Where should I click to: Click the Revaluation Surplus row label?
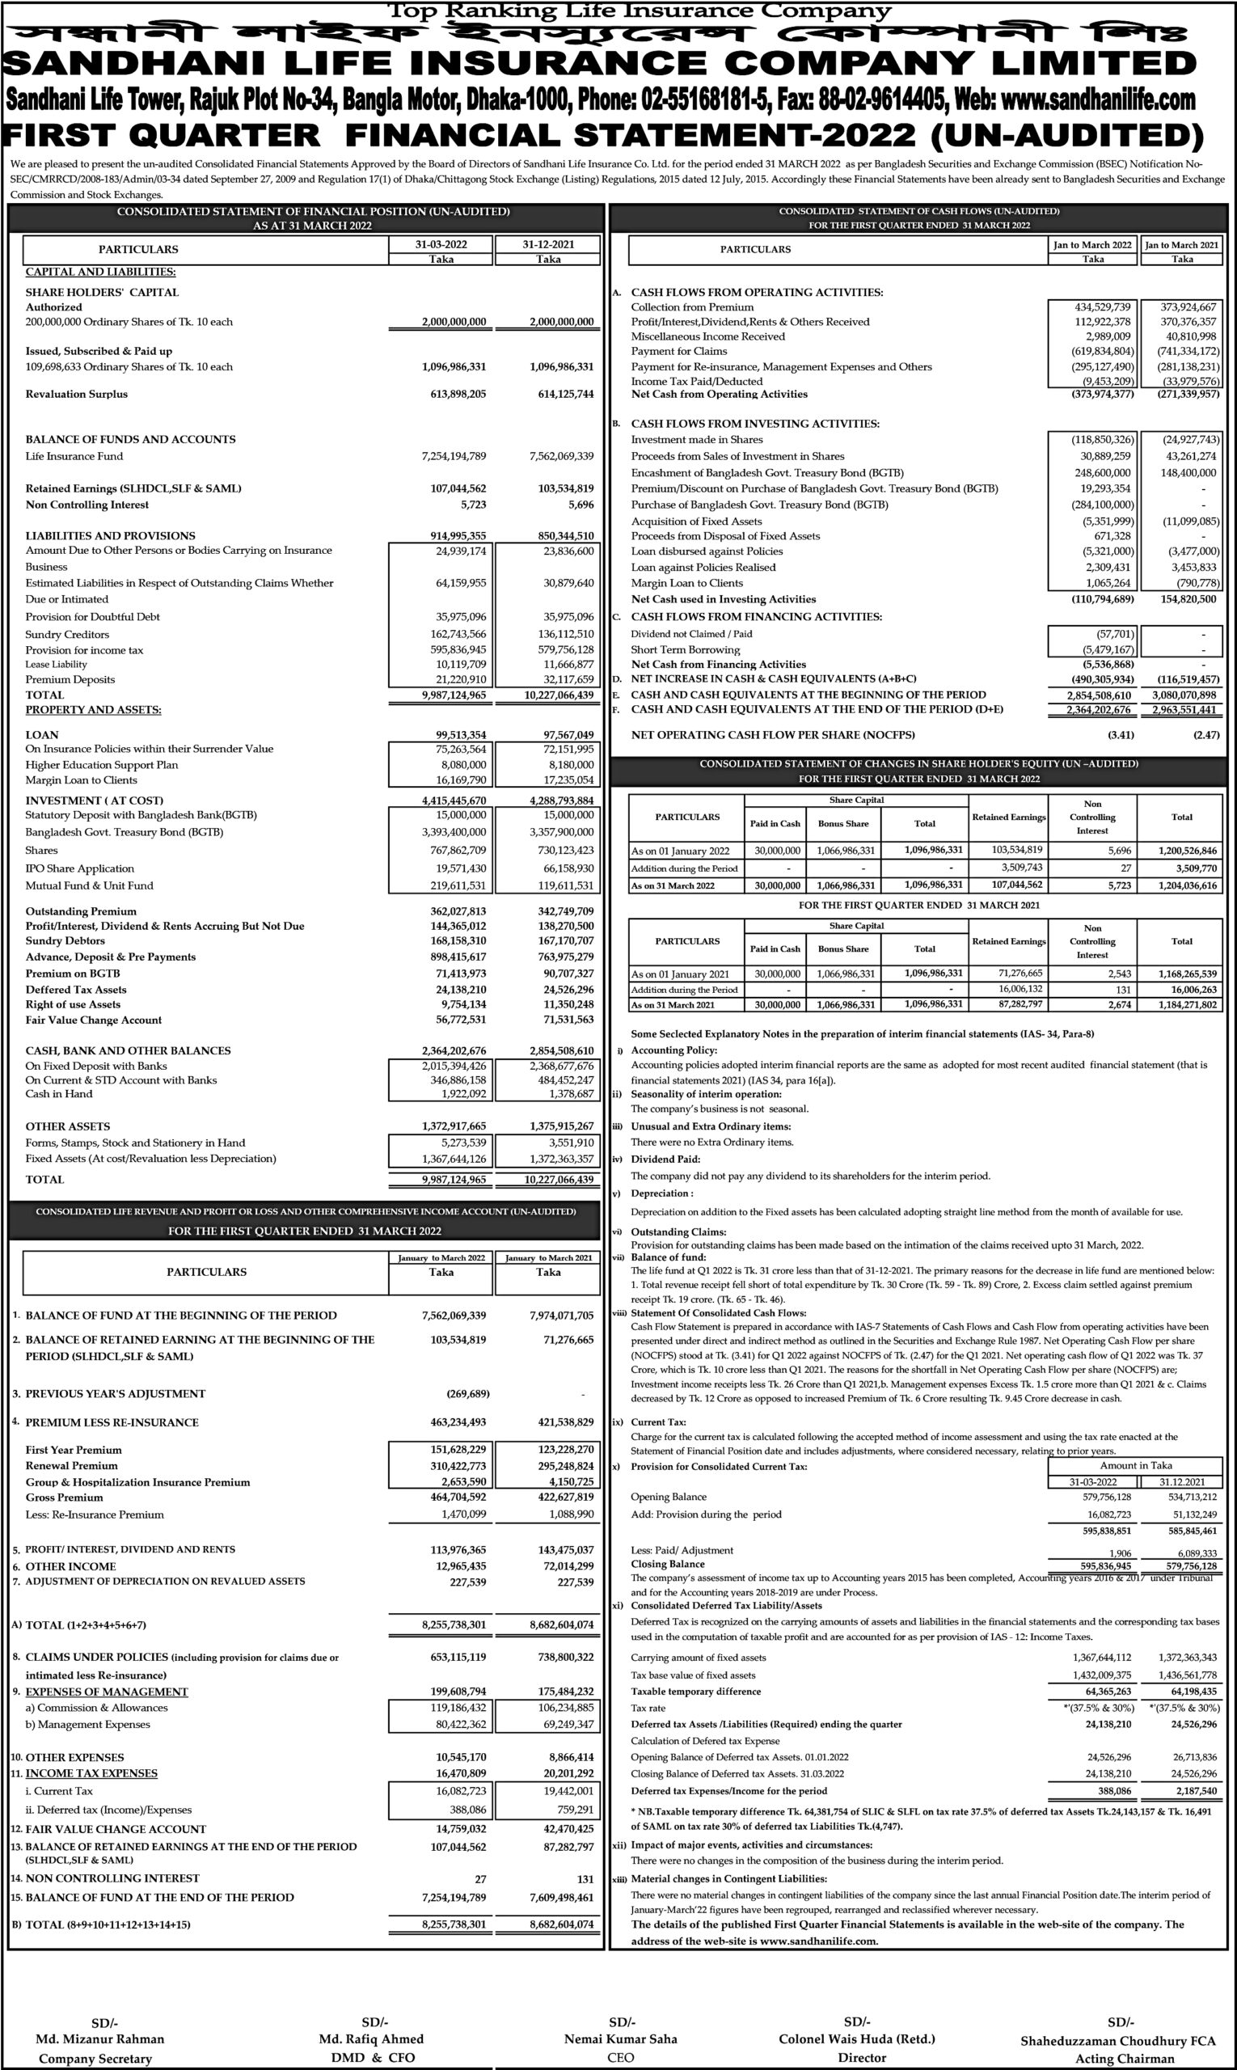77,395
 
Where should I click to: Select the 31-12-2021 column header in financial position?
548,244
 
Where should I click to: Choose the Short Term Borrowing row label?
685,649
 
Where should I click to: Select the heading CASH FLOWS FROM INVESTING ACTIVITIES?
754,424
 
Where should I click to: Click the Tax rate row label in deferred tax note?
648,1709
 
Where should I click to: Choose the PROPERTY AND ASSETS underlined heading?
93,709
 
